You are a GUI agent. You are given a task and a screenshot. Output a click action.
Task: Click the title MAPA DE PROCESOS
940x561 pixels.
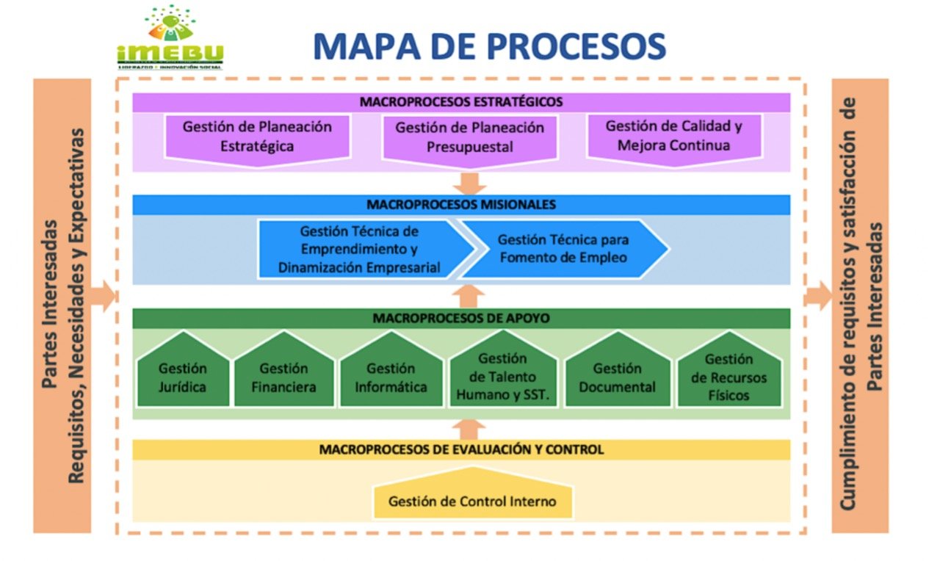(489, 46)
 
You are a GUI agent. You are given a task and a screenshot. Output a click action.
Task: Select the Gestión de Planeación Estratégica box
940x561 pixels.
(257, 137)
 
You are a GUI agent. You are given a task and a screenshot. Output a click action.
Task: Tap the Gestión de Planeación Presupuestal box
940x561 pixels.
(470, 137)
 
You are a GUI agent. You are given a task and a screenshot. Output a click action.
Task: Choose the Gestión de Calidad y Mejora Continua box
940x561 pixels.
(673, 136)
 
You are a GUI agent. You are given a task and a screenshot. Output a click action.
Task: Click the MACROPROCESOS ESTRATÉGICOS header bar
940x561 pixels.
(461, 102)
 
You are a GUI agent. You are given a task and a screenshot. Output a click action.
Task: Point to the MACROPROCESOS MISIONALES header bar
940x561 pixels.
(461, 204)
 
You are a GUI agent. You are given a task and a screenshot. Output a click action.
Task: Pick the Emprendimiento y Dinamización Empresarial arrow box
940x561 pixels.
(360, 250)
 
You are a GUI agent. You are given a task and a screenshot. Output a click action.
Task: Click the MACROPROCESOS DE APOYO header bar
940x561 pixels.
(461, 318)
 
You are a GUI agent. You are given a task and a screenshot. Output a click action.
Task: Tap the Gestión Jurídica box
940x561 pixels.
(183, 377)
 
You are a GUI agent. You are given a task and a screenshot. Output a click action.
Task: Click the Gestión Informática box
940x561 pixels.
(391, 377)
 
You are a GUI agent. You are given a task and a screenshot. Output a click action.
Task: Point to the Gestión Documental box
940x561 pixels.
(618, 377)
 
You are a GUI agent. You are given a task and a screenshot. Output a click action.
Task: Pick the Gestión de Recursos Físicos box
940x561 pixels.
(728, 377)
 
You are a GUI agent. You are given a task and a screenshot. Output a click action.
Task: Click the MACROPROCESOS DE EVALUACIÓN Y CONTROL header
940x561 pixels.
(461, 449)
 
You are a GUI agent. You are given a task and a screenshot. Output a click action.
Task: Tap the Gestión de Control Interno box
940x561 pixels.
(472, 502)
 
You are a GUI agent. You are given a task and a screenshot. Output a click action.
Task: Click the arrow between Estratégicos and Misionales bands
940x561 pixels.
(470, 183)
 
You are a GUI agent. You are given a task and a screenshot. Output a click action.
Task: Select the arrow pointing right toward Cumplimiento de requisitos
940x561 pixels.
(817, 297)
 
